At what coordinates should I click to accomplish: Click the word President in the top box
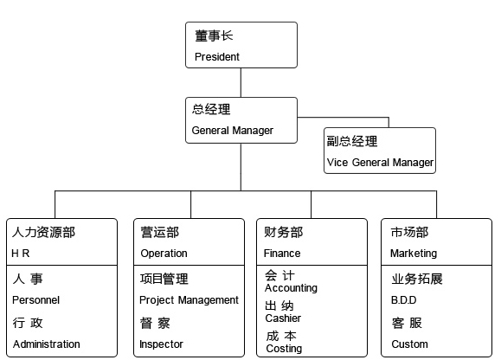(217, 57)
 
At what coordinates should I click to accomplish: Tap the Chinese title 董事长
(214, 35)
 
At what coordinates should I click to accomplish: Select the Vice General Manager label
(380, 163)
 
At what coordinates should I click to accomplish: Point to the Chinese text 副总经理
(352, 141)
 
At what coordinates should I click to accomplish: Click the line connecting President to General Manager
(241, 82)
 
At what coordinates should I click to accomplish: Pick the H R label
(21, 254)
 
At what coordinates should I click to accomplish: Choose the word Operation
(164, 254)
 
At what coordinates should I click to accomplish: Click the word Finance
(282, 254)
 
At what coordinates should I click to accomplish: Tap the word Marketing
(414, 254)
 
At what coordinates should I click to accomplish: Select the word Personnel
(35, 300)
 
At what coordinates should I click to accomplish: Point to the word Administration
(47, 344)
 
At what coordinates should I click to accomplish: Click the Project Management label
(189, 300)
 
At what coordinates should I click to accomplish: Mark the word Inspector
(161, 344)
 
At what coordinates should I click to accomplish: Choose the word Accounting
(291, 288)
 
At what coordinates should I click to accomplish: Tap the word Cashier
(283, 318)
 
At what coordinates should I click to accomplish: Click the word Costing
(284, 349)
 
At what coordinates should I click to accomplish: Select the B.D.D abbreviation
(404, 300)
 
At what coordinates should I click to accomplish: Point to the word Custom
(409, 344)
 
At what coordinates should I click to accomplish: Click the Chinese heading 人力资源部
(43, 232)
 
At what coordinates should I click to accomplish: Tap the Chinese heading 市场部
(409, 232)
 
